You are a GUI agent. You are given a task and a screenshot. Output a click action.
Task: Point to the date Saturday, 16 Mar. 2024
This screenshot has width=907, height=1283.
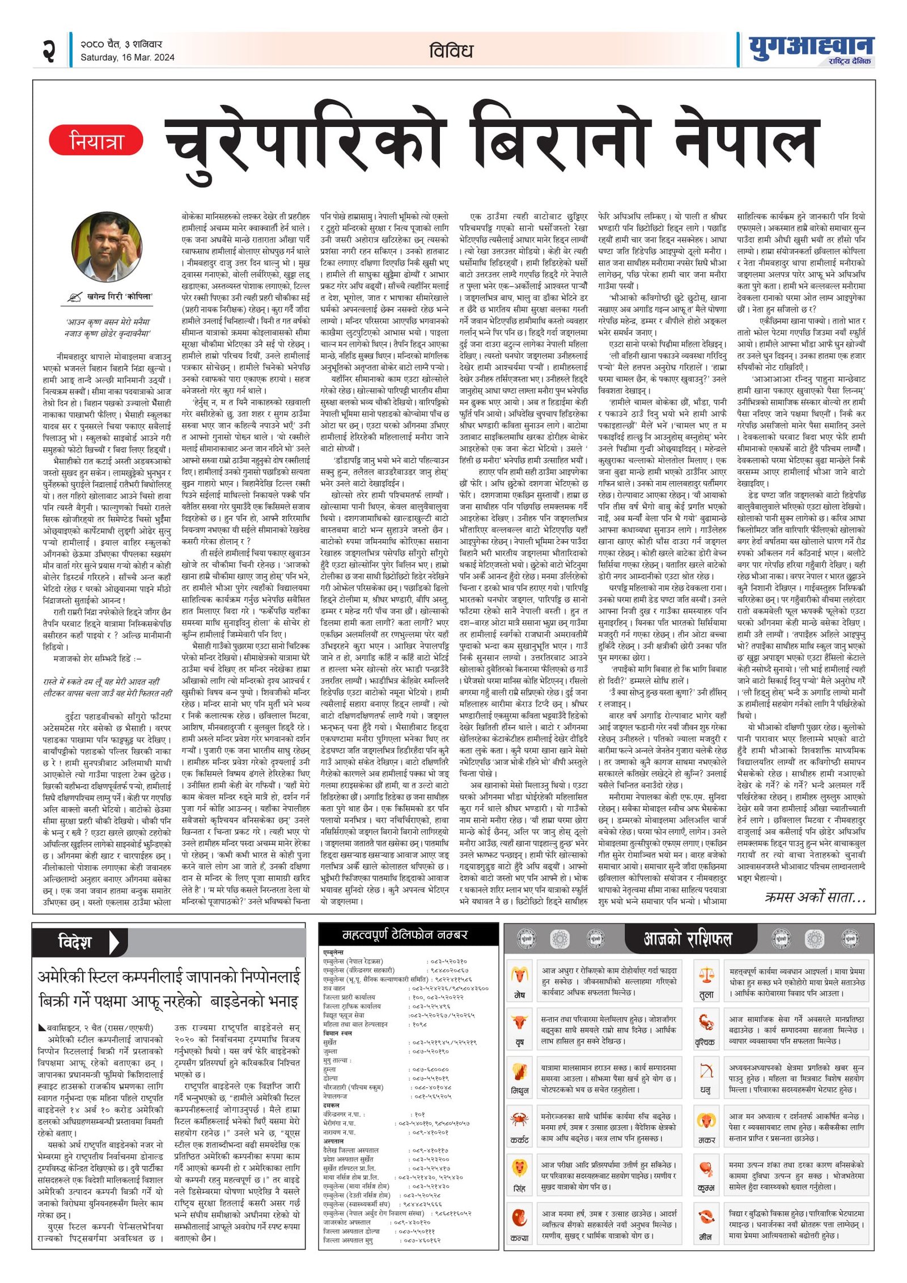point(128,57)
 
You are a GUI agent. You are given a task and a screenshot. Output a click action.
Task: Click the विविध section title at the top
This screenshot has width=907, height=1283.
point(451,51)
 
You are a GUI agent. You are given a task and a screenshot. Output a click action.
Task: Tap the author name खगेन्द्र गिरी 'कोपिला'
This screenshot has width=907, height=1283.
point(120,297)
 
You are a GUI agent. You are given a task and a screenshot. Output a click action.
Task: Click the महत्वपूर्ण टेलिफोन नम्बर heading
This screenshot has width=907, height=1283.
point(405,935)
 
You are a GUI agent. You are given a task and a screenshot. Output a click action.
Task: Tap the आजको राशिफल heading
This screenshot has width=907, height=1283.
point(687,939)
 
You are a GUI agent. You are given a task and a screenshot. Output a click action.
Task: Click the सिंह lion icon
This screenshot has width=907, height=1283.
point(519,1168)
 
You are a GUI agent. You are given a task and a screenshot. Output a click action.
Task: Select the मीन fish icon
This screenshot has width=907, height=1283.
point(706,1217)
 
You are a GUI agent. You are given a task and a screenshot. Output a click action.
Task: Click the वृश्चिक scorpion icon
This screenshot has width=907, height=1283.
point(706,1023)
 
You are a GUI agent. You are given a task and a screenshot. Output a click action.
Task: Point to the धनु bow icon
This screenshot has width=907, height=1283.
point(706,1072)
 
